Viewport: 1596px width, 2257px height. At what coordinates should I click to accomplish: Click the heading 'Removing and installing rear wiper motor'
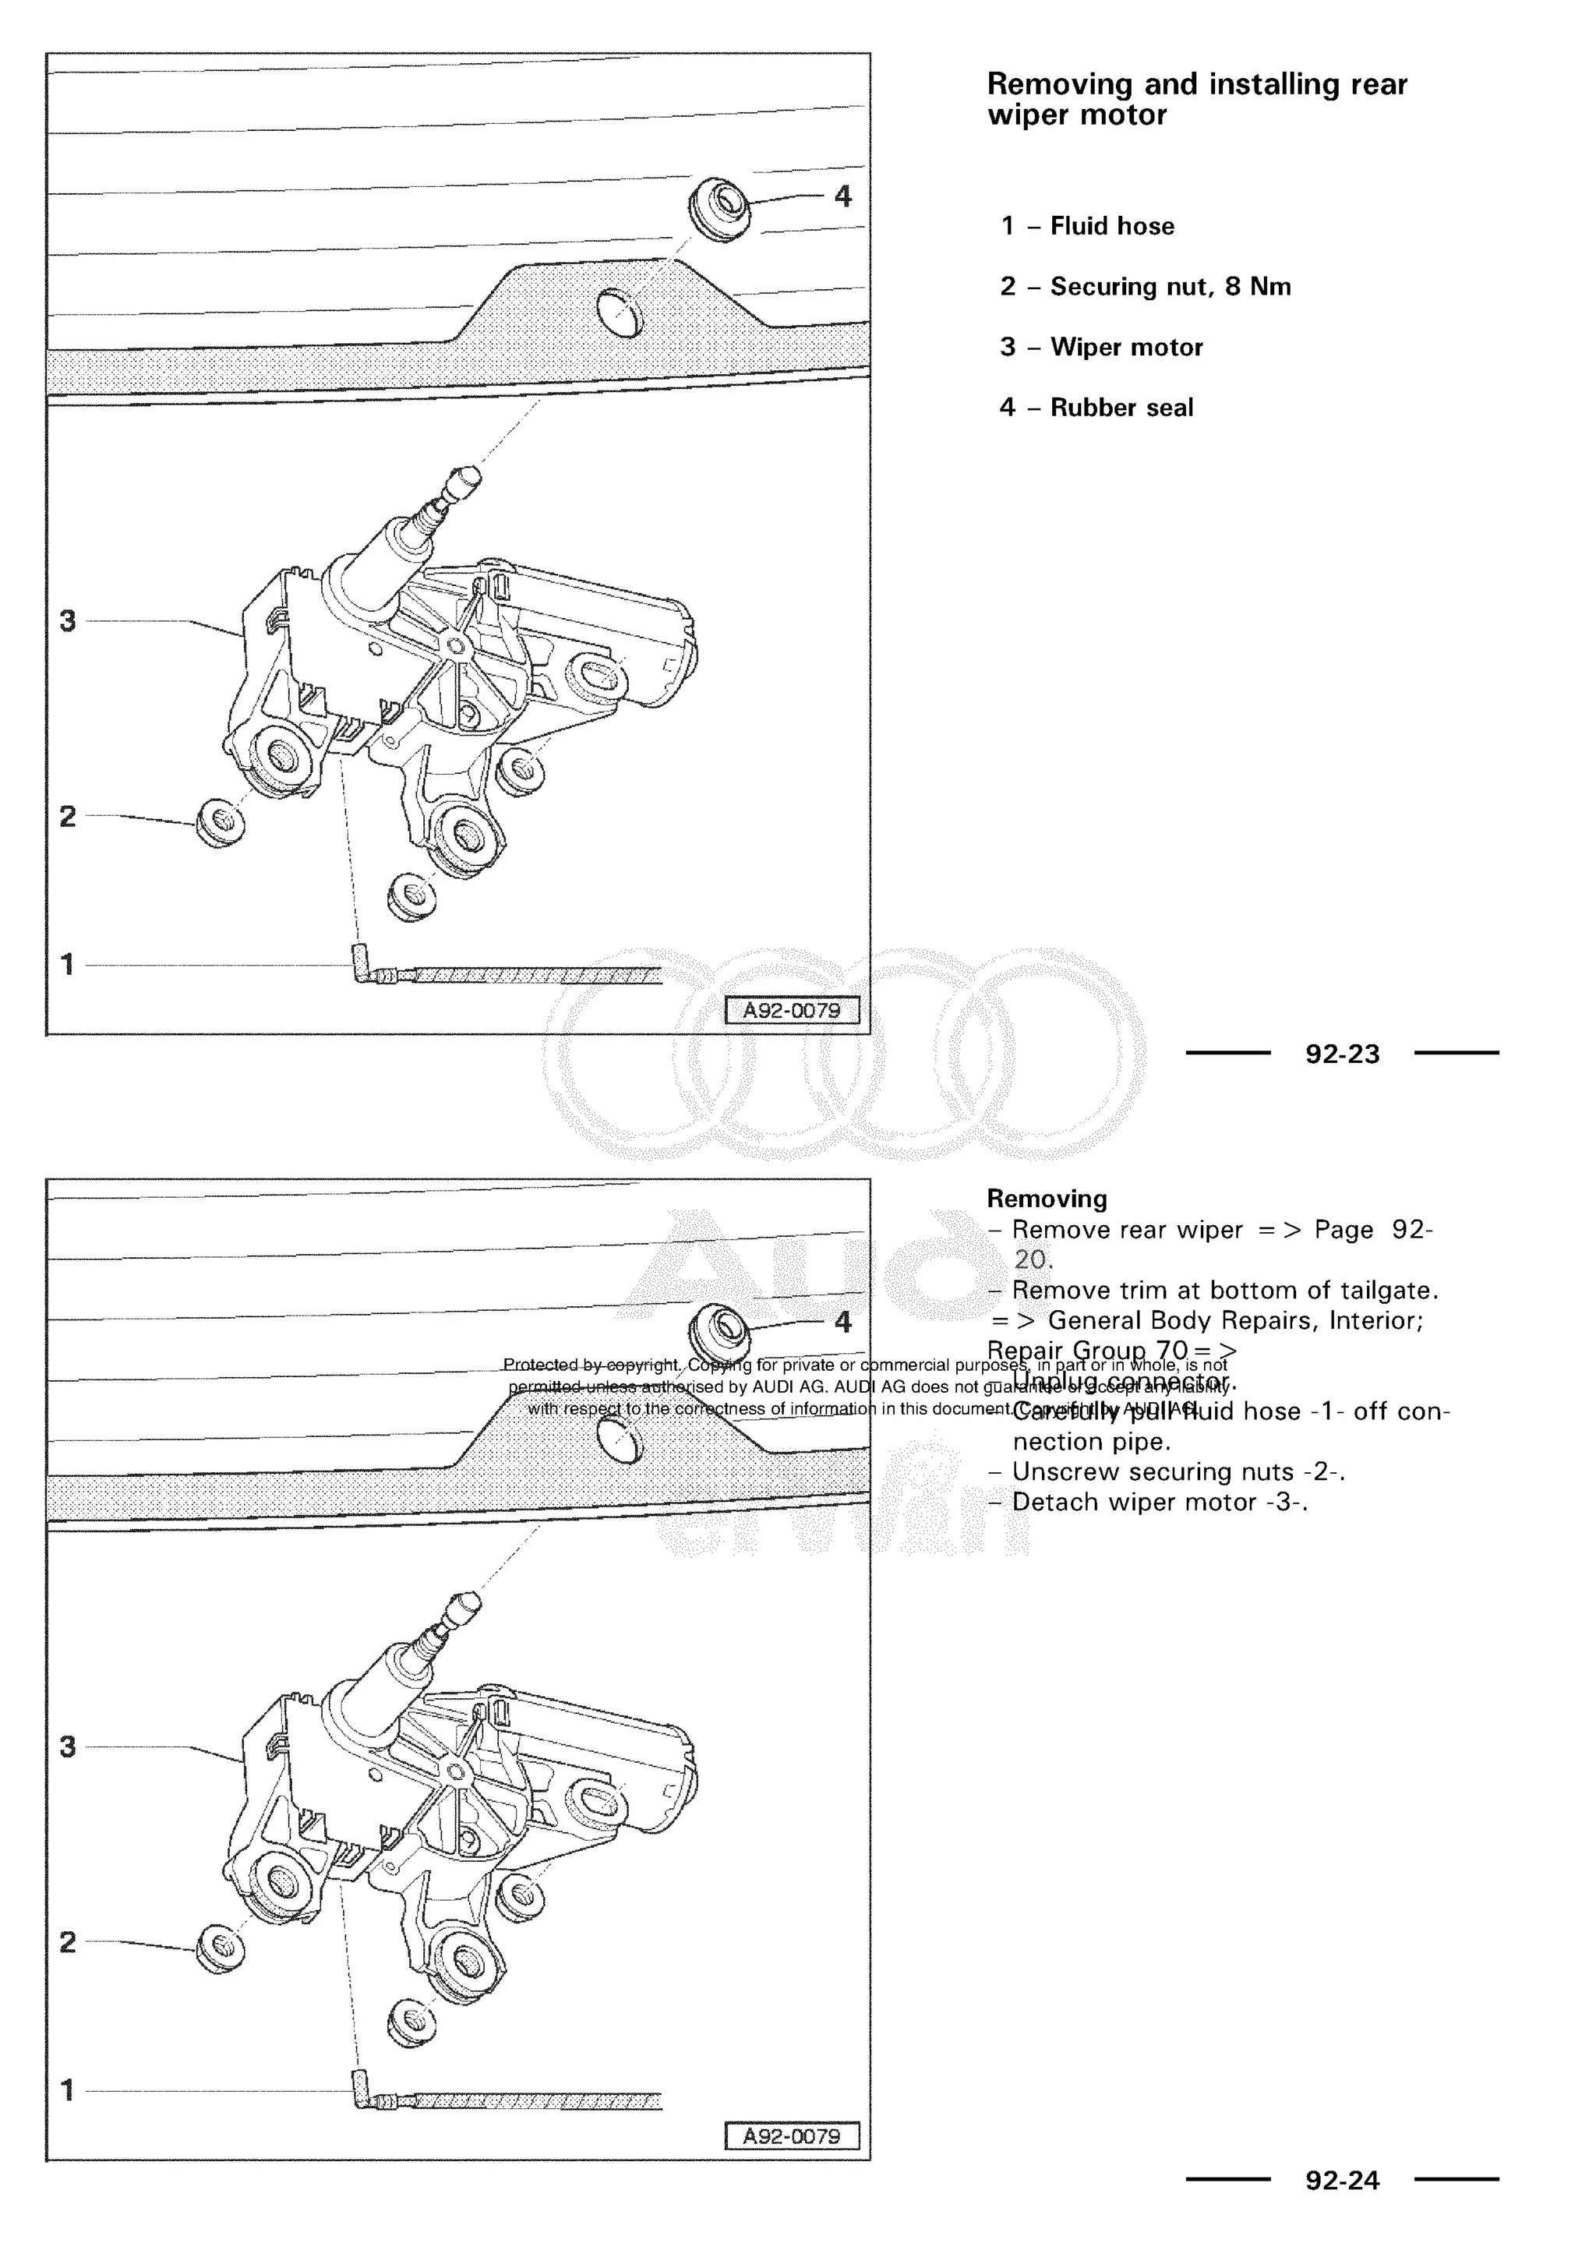1196,99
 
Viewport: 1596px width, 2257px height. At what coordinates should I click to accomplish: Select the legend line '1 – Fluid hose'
1087,226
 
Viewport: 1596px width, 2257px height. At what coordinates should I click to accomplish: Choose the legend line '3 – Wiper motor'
1102,347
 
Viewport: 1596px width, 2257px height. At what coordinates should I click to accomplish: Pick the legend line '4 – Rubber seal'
1096,408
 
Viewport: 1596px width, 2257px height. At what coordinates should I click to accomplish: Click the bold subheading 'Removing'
1047,1199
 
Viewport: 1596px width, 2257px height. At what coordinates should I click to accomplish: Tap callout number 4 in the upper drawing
843,196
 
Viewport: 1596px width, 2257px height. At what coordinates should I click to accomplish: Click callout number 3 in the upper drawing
67,621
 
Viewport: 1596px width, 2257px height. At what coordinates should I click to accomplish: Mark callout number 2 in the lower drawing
67,1942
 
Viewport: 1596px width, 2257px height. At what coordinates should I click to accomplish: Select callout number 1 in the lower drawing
67,2090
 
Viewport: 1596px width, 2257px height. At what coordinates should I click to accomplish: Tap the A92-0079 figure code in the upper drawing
791,1011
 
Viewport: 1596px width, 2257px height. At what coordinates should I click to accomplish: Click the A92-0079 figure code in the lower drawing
791,2136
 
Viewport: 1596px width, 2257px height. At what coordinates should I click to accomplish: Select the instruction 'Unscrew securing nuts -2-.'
1178,1471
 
